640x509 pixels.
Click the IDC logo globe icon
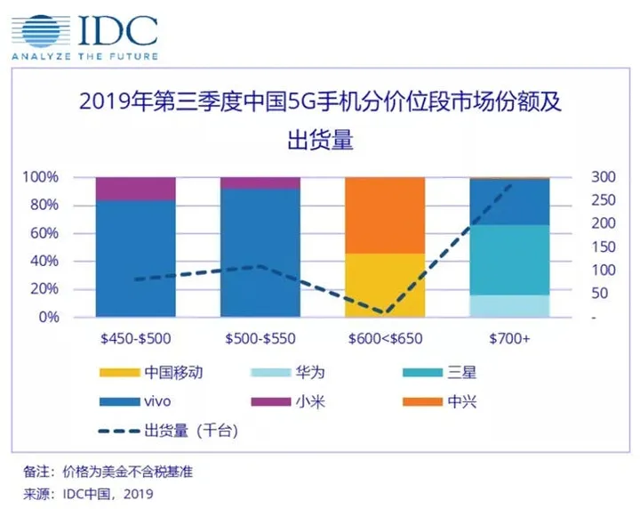pos(41,30)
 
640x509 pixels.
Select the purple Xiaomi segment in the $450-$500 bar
pos(134,189)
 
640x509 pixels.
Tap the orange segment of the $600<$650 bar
pos(385,215)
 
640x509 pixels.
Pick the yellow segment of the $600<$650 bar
pos(385,285)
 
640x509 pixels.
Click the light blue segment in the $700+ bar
pos(509,305)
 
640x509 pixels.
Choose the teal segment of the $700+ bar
pos(509,259)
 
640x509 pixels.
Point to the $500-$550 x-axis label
pos(260,338)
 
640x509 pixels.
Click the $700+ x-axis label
pos(509,338)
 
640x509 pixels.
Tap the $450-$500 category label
pos(134,338)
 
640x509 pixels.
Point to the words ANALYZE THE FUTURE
pos(84,57)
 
